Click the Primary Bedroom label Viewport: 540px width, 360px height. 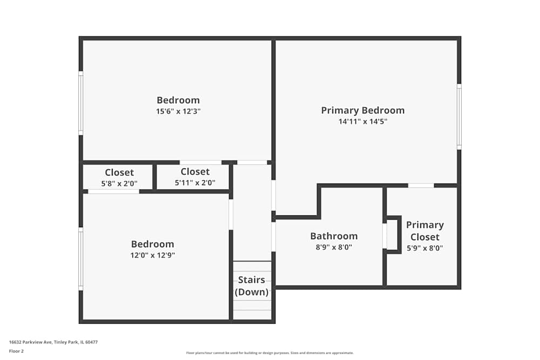point(362,110)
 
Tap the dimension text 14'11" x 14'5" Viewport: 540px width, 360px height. point(362,122)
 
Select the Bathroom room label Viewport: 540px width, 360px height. point(334,236)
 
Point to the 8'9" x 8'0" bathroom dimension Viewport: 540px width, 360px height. point(334,248)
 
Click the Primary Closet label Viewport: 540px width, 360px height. point(425,230)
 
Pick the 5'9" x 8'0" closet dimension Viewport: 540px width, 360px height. point(425,248)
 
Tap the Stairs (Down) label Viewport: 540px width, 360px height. point(252,286)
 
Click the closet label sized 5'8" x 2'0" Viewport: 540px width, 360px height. point(119,173)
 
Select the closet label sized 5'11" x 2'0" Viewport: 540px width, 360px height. point(195,172)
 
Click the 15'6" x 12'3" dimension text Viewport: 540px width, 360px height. point(178,112)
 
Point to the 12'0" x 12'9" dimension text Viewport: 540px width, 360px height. point(153,255)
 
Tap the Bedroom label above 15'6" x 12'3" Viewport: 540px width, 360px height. point(178,100)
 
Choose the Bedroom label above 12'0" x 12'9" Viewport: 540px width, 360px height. point(153,244)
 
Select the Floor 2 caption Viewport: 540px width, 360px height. point(16,351)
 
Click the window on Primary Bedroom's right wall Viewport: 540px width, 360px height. point(459,117)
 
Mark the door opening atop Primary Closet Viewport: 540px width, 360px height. point(421,186)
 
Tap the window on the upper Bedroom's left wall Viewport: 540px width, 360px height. point(81,103)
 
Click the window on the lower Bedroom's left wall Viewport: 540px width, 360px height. point(81,259)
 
